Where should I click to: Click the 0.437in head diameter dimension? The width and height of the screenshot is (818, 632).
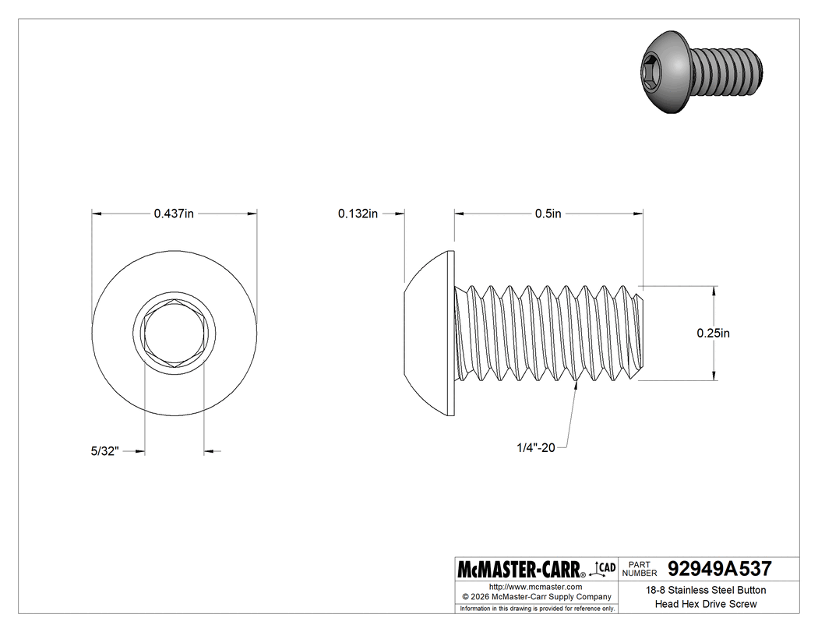(x=174, y=214)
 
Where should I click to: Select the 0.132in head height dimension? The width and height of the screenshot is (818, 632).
(x=358, y=214)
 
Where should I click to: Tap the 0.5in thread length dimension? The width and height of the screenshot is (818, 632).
(x=548, y=214)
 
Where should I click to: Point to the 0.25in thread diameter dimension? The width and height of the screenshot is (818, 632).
(x=713, y=334)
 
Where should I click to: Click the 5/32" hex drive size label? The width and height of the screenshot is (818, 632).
(x=104, y=450)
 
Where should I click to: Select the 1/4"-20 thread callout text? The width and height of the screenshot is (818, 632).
(x=535, y=448)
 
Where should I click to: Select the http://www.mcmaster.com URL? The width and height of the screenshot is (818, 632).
(x=535, y=586)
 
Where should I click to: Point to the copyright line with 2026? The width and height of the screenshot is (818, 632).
(x=535, y=597)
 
